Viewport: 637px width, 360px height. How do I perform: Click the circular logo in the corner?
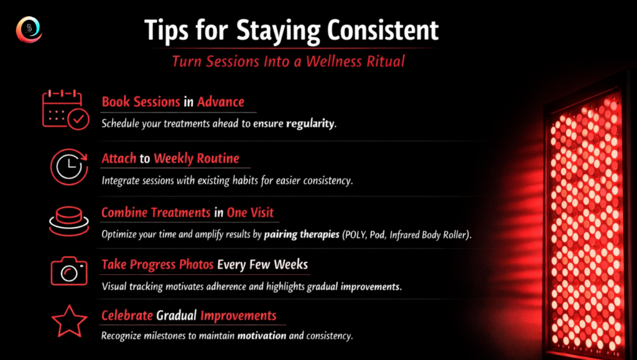[29, 29]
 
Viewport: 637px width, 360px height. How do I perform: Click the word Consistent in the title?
[383, 30]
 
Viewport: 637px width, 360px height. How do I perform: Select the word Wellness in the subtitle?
[333, 62]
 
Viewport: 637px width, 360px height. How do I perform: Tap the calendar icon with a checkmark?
[65, 110]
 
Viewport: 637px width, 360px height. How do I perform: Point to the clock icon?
[69, 167]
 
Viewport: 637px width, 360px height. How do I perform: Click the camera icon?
[69, 270]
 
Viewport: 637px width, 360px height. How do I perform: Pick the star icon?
[69, 321]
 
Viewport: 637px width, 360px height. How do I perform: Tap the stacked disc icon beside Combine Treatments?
[68, 221]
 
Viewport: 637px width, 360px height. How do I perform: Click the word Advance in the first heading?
[221, 102]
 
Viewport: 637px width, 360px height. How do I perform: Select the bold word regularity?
[310, 124]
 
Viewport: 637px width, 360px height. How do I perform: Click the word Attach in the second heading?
[119, 159]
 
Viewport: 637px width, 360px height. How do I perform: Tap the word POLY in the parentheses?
[355, 234]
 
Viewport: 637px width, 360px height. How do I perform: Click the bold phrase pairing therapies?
[302, 234]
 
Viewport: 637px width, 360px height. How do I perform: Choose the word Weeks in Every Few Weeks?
[291, 265]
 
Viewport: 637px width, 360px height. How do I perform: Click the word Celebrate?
[127, 315]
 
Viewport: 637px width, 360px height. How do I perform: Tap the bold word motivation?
[262, 336]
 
